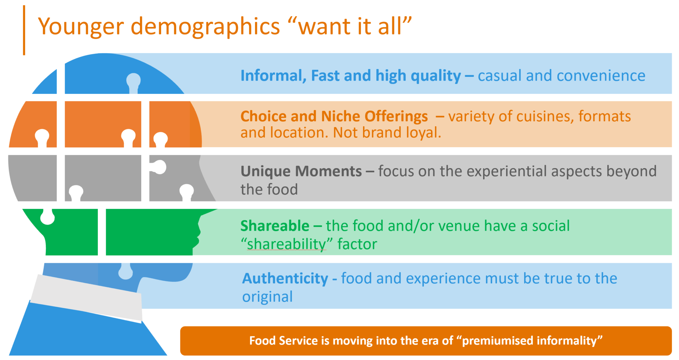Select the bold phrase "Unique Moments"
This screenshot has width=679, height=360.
click(301, 171)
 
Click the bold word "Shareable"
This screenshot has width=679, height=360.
click(275, 226)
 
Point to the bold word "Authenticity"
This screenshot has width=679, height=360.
click(285, 278)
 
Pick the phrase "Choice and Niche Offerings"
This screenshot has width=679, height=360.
click(334, 116)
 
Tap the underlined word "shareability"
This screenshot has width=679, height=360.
click(287, 244)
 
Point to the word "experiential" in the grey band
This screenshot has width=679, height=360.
click(518, 171)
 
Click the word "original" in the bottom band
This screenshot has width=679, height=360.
click(267, 297)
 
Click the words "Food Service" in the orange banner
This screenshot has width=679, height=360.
click(283, 341)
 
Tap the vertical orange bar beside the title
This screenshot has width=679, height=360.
click(24, 30)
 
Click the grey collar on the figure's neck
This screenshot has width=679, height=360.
click(86, 297)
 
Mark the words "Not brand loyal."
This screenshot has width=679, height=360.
click(387, 133)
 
